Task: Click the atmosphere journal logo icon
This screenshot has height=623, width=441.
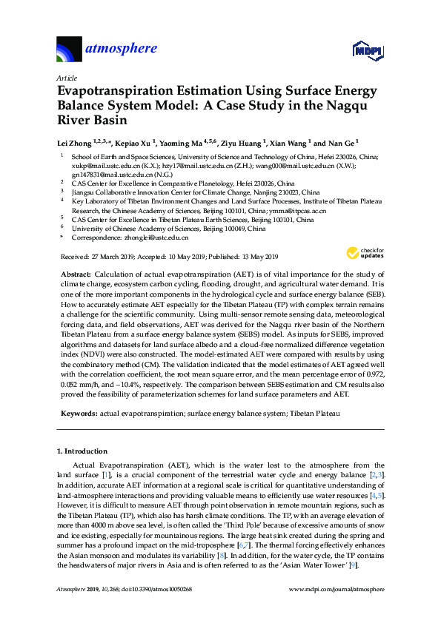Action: (69, 50)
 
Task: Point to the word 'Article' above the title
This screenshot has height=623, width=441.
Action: (67, 77)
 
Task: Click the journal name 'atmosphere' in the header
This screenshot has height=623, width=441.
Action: (122, 50)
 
